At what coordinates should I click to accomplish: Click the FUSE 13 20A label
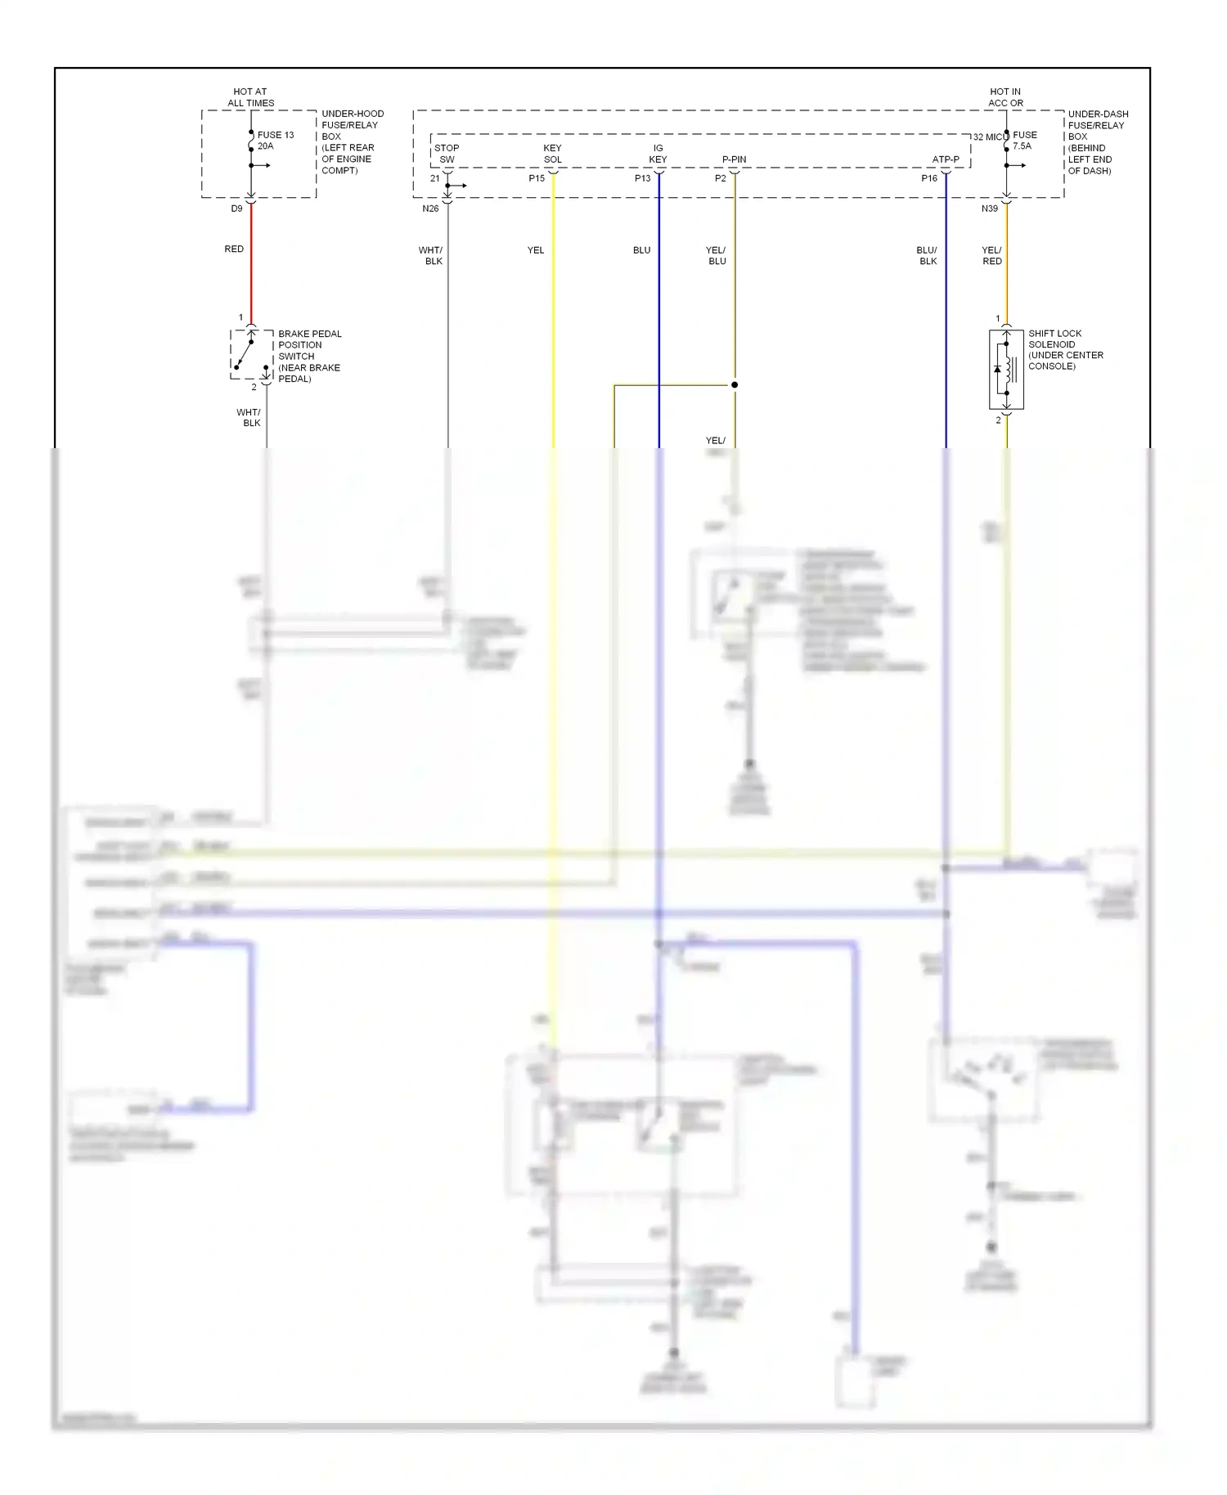tap(275, 141)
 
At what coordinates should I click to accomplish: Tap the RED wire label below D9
tap(234, 249)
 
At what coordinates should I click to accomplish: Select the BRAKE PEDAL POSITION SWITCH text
tap(309, 356)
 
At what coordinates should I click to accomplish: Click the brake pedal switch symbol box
tap(251, 354)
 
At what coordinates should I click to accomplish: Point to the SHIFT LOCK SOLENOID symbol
tap(1006, 370)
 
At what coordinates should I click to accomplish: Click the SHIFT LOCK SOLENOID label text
tap(1065, 349)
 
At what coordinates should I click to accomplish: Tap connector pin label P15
tap(537, 178)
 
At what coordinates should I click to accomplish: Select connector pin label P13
tap(643, 178)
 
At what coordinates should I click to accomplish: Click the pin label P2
tap(720, 178)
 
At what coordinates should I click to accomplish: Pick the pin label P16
tap(929, 178)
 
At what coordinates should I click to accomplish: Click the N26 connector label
tap(430, 209)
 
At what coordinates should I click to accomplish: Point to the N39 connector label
tap(990, 209)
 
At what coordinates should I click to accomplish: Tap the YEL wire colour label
tap(536, 250)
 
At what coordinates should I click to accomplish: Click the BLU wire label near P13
tap(641, 250)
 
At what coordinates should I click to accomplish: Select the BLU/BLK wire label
tap(927, 255)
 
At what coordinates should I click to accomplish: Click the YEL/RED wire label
tap(991, 255)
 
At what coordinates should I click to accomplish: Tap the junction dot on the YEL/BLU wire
tap(735, 384)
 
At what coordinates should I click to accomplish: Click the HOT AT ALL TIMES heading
tap(250, 97)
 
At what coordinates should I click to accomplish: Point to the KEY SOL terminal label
tap(553, 154)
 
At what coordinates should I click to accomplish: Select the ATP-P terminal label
tap(946, 159)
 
